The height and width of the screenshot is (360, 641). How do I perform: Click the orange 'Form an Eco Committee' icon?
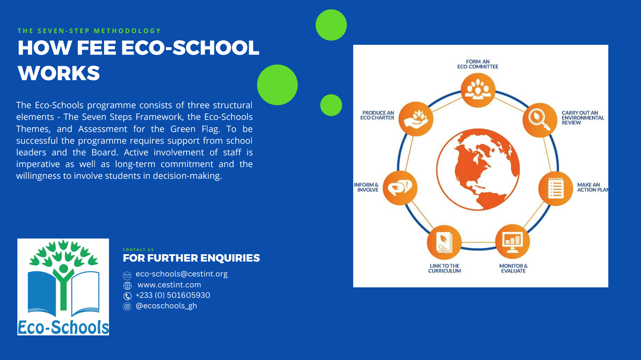tap(478, 90)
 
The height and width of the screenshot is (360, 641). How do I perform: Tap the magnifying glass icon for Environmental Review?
tap(540, 120)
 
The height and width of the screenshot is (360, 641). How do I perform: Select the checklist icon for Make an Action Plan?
tap(556, 188)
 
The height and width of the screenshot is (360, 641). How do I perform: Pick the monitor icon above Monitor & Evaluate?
tap(513, 242)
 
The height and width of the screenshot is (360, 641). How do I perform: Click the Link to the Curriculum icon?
tap(444, 243)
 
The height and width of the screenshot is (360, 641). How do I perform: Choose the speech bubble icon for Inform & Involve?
tap(400, 188)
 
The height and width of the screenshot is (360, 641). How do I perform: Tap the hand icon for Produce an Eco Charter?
tap(416, 119)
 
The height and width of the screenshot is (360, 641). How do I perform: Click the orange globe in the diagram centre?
tap(478, 170)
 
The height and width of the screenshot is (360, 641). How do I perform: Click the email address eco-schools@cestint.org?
tap(181, 274)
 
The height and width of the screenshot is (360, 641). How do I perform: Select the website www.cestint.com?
tap(169, 285)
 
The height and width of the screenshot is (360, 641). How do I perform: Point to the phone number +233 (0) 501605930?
tap(173, 295)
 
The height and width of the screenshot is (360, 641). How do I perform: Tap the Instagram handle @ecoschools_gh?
tap(166, 306)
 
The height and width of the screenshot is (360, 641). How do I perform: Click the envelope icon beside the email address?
tap(127, 276)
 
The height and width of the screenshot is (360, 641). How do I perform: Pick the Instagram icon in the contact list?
tap(127, 307)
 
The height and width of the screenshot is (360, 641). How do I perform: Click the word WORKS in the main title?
tap(59, 73)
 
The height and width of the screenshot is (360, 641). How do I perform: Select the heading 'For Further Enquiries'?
tap(191, 258)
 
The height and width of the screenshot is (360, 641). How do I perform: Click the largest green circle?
tap(277, 85)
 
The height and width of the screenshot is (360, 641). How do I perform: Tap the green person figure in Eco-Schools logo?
tap(63, 286)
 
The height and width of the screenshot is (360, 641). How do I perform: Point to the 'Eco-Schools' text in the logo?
tap(63, 327)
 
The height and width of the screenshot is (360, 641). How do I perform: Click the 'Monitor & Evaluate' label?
tap(513, 268)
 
